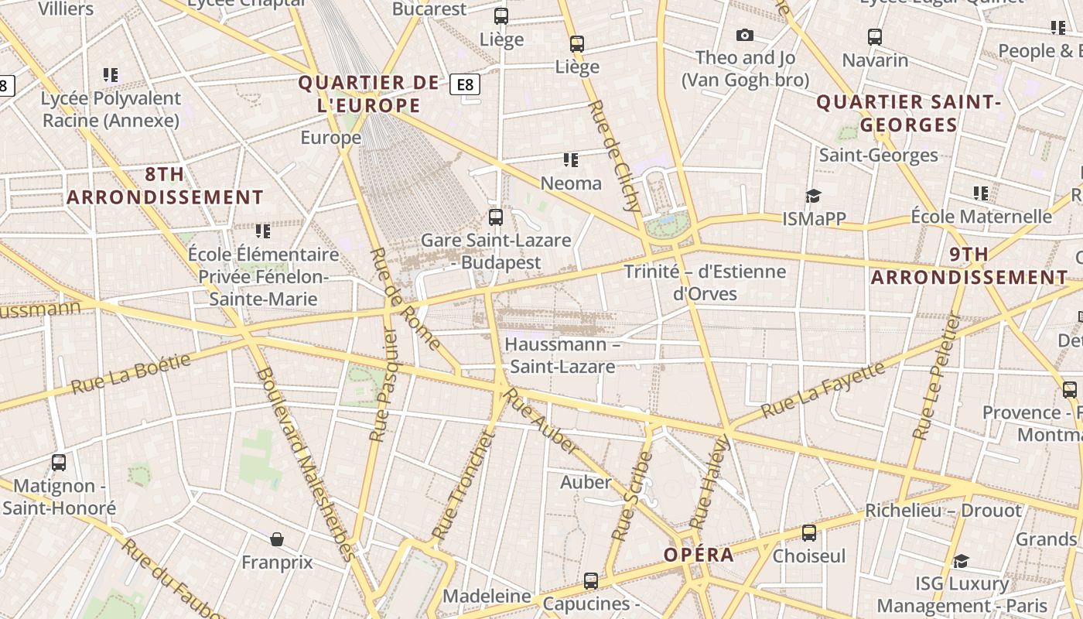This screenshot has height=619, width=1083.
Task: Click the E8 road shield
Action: click(465, 84)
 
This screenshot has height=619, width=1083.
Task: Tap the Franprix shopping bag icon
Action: click(277, 539)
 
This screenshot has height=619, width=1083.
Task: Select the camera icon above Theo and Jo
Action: click(745, 35)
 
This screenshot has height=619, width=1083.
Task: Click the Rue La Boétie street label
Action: click(131, 374)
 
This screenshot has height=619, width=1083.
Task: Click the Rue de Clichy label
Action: click(614, 156)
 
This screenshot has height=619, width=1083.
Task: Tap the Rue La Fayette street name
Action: click(823, 390)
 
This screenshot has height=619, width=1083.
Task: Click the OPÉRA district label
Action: click(699, 555)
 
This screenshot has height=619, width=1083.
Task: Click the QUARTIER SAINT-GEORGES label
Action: click(909, 113)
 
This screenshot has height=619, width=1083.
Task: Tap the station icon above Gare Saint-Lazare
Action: click(496, 217)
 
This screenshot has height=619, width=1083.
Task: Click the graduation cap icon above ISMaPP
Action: click(813, 196)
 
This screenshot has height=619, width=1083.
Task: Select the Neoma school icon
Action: click(571, 160)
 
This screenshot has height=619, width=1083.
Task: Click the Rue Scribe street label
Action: click(633, 496)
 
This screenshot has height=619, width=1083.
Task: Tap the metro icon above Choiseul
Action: click(809, 532)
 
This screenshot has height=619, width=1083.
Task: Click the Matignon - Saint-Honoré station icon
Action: click(59, 463)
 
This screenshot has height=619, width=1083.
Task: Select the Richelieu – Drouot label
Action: click(943, 511)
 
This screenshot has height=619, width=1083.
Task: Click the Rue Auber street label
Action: click(541, 422)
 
